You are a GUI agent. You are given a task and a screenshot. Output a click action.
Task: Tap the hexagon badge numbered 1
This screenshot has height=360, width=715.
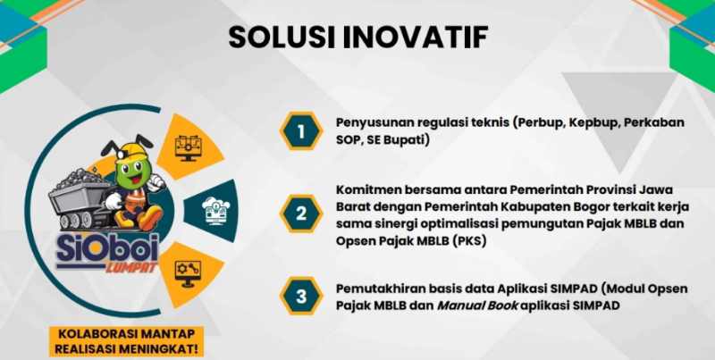click(301, 131)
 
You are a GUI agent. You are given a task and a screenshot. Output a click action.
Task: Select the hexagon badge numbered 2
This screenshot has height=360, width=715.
click(301, 213)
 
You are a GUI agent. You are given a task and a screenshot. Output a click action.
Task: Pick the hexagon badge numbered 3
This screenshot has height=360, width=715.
click(301, 296)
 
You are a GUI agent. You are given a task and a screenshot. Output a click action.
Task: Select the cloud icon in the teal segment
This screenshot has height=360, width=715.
click(216, 210)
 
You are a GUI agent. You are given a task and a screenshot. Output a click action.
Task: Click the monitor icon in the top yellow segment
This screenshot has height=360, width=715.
click(188, 147)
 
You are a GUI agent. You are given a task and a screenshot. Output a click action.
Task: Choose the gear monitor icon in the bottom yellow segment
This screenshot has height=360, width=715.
click(188, 274)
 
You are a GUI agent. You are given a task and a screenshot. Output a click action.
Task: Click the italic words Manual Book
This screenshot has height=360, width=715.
click(477, 306)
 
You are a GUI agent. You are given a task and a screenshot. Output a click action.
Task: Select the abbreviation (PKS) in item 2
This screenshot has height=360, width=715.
click(471, 241)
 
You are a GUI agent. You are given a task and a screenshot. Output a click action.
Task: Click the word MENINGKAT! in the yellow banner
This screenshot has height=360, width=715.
click(164, 349)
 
